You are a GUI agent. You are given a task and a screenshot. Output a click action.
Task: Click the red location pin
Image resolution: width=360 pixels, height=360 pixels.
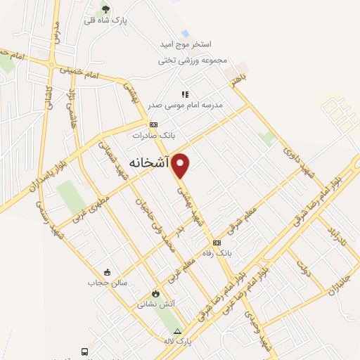[x=181, y=165]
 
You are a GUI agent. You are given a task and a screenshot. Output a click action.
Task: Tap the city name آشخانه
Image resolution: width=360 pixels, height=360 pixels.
[x=149, y=161]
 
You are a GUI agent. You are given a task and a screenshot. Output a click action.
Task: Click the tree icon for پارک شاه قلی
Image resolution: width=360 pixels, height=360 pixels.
[x=105, y=8]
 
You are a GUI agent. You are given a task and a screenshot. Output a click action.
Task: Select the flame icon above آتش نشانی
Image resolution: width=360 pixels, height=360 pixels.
[x=155, y=294]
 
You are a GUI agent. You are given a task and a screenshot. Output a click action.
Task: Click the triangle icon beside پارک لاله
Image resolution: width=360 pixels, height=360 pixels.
[x=178, y=331]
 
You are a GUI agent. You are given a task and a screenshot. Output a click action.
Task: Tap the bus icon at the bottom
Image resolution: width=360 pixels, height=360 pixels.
[x=84, y=351]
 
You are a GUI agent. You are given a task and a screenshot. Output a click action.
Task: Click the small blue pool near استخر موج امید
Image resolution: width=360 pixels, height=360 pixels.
[x=185, y=33]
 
